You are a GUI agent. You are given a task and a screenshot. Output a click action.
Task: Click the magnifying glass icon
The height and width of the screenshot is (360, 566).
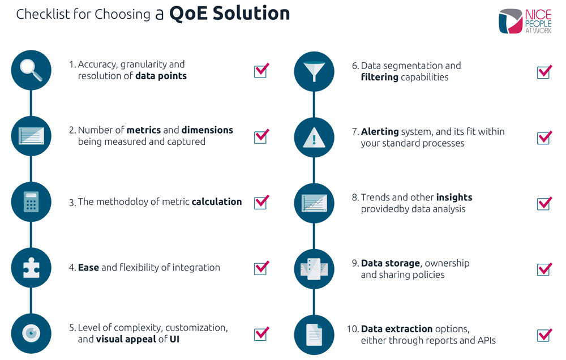point(31,70)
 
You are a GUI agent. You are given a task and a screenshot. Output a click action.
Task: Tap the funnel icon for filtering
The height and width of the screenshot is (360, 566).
point(314,71)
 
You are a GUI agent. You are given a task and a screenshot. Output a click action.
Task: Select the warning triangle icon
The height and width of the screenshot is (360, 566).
point(314,137)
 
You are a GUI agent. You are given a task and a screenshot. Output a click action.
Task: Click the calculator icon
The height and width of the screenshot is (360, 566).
point(31,202)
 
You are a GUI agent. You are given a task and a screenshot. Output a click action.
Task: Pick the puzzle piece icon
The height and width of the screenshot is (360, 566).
point(31,268)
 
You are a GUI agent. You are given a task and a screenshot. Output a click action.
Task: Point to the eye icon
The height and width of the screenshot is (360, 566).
point(31,333)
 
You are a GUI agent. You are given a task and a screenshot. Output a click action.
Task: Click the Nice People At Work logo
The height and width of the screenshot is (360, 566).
point(525,22)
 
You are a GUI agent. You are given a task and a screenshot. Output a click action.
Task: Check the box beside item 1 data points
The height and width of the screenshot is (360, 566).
point(261,70)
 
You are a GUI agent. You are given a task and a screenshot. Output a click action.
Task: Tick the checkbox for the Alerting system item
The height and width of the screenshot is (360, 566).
point(544,138)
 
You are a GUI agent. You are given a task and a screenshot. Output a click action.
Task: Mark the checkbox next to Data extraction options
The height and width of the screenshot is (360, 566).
point(544,335)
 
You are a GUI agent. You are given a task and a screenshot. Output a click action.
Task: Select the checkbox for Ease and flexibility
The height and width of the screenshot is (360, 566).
point(261,268)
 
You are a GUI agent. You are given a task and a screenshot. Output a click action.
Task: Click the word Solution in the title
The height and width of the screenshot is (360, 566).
point(251,14)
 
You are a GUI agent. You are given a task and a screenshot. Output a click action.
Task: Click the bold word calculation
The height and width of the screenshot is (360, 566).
point(217,202)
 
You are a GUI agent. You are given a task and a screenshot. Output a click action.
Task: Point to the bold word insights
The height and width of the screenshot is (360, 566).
point(454,197)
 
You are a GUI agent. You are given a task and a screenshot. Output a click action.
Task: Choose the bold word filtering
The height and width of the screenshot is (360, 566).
point(379,78)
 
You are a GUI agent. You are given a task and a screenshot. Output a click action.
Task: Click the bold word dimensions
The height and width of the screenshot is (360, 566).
point(207,130)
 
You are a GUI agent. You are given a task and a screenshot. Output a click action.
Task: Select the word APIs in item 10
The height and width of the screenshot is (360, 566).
point(487,341)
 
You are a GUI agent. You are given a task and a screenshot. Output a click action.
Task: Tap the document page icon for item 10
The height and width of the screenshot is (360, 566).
point(314,335)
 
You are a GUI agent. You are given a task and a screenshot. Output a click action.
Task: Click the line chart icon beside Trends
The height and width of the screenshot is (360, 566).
point(314,203)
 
